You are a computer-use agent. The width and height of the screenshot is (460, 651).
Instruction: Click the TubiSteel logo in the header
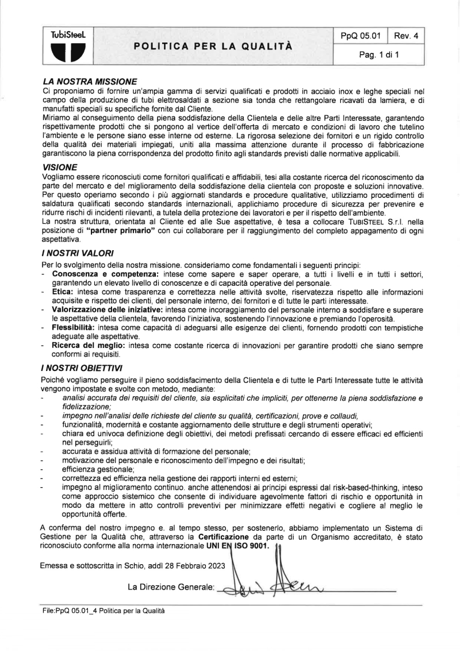coord(68,45)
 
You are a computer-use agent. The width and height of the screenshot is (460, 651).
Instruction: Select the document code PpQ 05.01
coord(361,36)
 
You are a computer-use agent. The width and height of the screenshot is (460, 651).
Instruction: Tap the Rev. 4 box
coord(406,36)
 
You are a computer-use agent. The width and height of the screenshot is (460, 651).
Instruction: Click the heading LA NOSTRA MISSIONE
coord(89,82)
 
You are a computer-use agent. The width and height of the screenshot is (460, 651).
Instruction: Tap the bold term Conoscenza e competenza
coord(105,274)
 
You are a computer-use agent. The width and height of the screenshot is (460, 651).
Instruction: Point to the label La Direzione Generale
coord(171,587)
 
